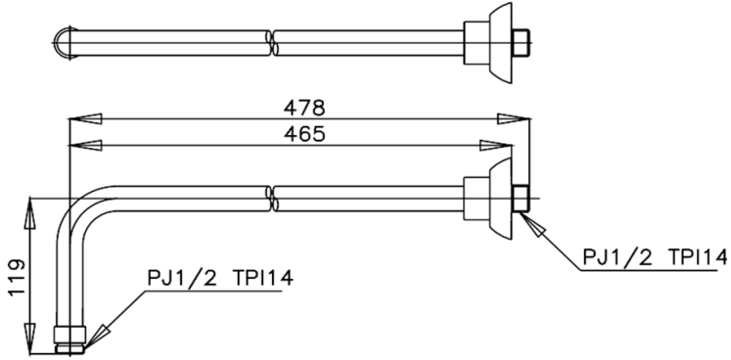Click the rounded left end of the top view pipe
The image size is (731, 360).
[60, 41]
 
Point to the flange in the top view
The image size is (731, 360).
[497, 41]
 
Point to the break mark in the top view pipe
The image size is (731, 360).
[272, 41]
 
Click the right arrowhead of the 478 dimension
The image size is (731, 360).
[513, 118]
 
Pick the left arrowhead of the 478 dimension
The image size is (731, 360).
[84, 118]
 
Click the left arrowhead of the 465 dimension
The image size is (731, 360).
[84, 146]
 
